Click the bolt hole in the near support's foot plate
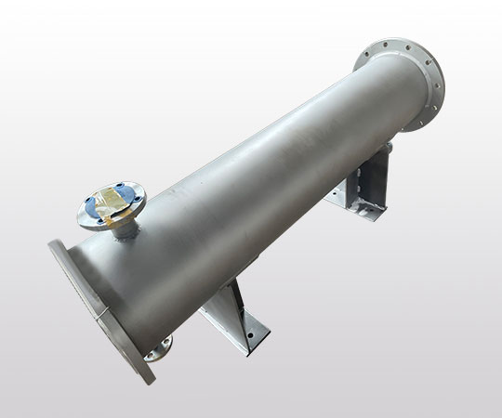[249, 331]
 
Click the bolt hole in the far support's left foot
[348, 199]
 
